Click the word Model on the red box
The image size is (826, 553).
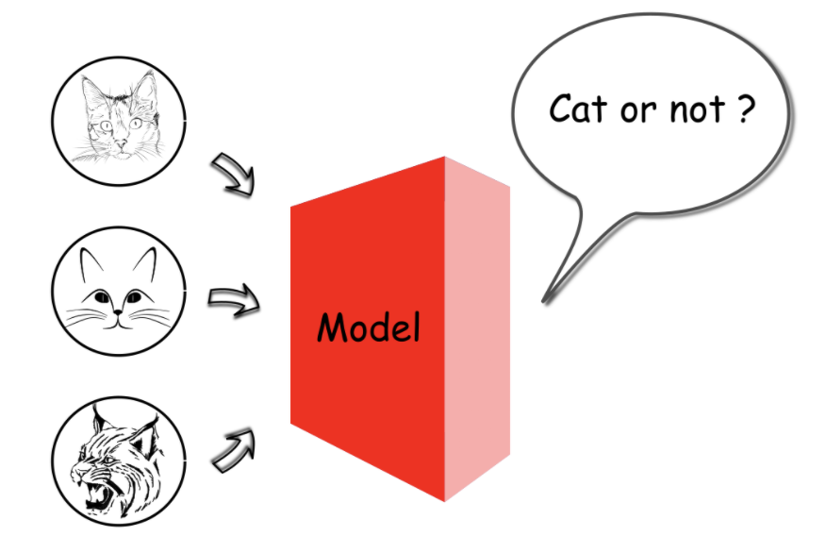[x=368, y=327]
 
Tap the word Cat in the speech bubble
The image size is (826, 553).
[x=577, y=110]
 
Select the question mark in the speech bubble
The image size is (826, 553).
[x=744, y=110]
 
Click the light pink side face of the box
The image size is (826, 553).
[x=477, y=330]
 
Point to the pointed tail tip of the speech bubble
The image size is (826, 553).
[x=544, y=301]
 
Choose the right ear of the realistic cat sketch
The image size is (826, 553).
[x=145, y=90]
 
